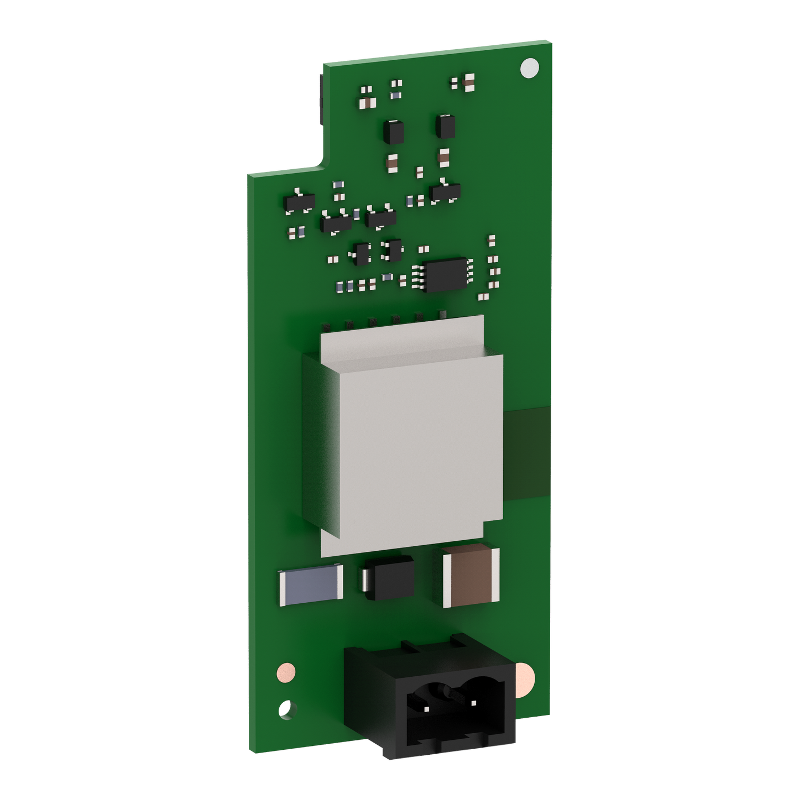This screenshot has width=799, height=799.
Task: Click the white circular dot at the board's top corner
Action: click(x=529, y=67)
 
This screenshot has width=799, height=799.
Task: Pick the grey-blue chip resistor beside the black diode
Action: click(x=311, y=585)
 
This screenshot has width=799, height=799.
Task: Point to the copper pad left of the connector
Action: click(x=285, y=672)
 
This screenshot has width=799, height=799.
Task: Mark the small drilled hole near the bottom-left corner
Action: click(x=285, y=708)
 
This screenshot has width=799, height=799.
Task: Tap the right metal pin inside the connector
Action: click(x=474, y=703)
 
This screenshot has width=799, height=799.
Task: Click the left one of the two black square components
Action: click(x=393, y=131)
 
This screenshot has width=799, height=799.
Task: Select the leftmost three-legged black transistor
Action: click(x=299, y=202)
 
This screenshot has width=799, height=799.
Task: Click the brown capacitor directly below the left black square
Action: click(x=391, y=161)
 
